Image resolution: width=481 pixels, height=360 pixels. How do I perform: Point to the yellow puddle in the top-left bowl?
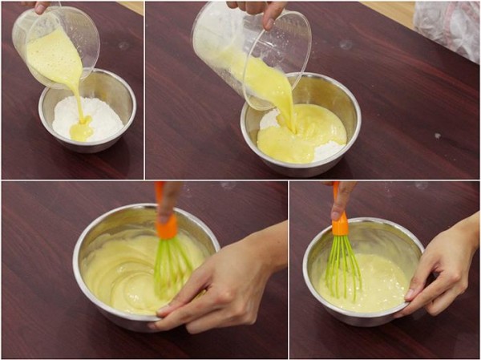(x=81, y=131)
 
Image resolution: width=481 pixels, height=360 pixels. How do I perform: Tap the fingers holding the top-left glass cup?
(x=36, y=6)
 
